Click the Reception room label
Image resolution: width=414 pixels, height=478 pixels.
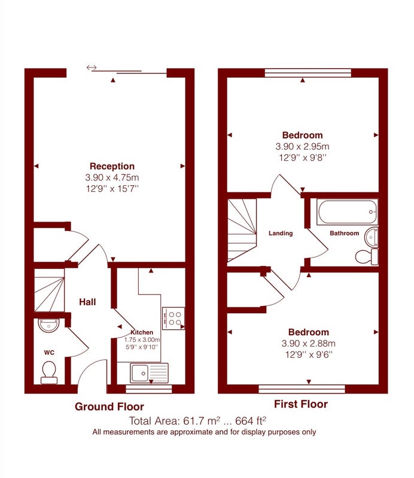[x=112, y=166]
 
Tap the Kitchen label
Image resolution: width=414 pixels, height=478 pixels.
[x=142, y=332]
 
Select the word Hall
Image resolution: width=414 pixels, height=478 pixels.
[x=87, y=302]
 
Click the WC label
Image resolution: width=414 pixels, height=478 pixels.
[x=49, y=353]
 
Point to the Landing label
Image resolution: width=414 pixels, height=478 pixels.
[x=281, y=233]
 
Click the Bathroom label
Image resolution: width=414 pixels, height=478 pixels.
[x=345, y=233]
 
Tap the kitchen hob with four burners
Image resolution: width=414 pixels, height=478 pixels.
[x=173, y=318]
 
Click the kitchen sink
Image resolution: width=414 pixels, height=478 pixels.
[x=149, y=373]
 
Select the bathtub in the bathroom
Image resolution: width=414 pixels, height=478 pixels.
[x=347, y=212]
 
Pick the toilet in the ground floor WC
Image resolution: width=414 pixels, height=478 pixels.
[x=49, y=372]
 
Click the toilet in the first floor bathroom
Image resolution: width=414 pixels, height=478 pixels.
[x=367, y=257]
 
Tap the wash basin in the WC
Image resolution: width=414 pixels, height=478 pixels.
[x=49, y=325]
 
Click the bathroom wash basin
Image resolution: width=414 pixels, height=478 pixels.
[x=372, y=237]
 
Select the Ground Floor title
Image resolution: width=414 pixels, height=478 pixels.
[x=109, y=407]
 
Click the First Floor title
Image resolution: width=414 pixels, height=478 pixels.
[x=301, y=405]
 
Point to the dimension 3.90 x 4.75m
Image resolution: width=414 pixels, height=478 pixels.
[x=112, y=177]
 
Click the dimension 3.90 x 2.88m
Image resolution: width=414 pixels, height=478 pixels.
[x=308, y=344]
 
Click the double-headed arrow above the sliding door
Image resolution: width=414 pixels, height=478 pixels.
[x=92, y=68]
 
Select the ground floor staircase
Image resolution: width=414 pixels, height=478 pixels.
[x=49, y=290]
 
